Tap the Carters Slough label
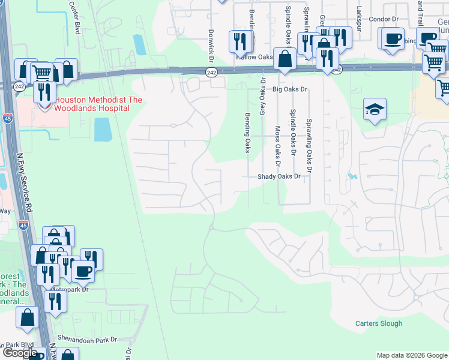tap(378, 323)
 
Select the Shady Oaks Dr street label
tap(279, 176)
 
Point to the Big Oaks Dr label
tap(290, 89)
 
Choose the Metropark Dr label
tap(70, 289)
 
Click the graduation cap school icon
tap(375, 110)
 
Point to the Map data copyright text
tap(411, 355)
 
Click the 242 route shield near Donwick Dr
tap(211, 72)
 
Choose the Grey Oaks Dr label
tap(262, 96)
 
